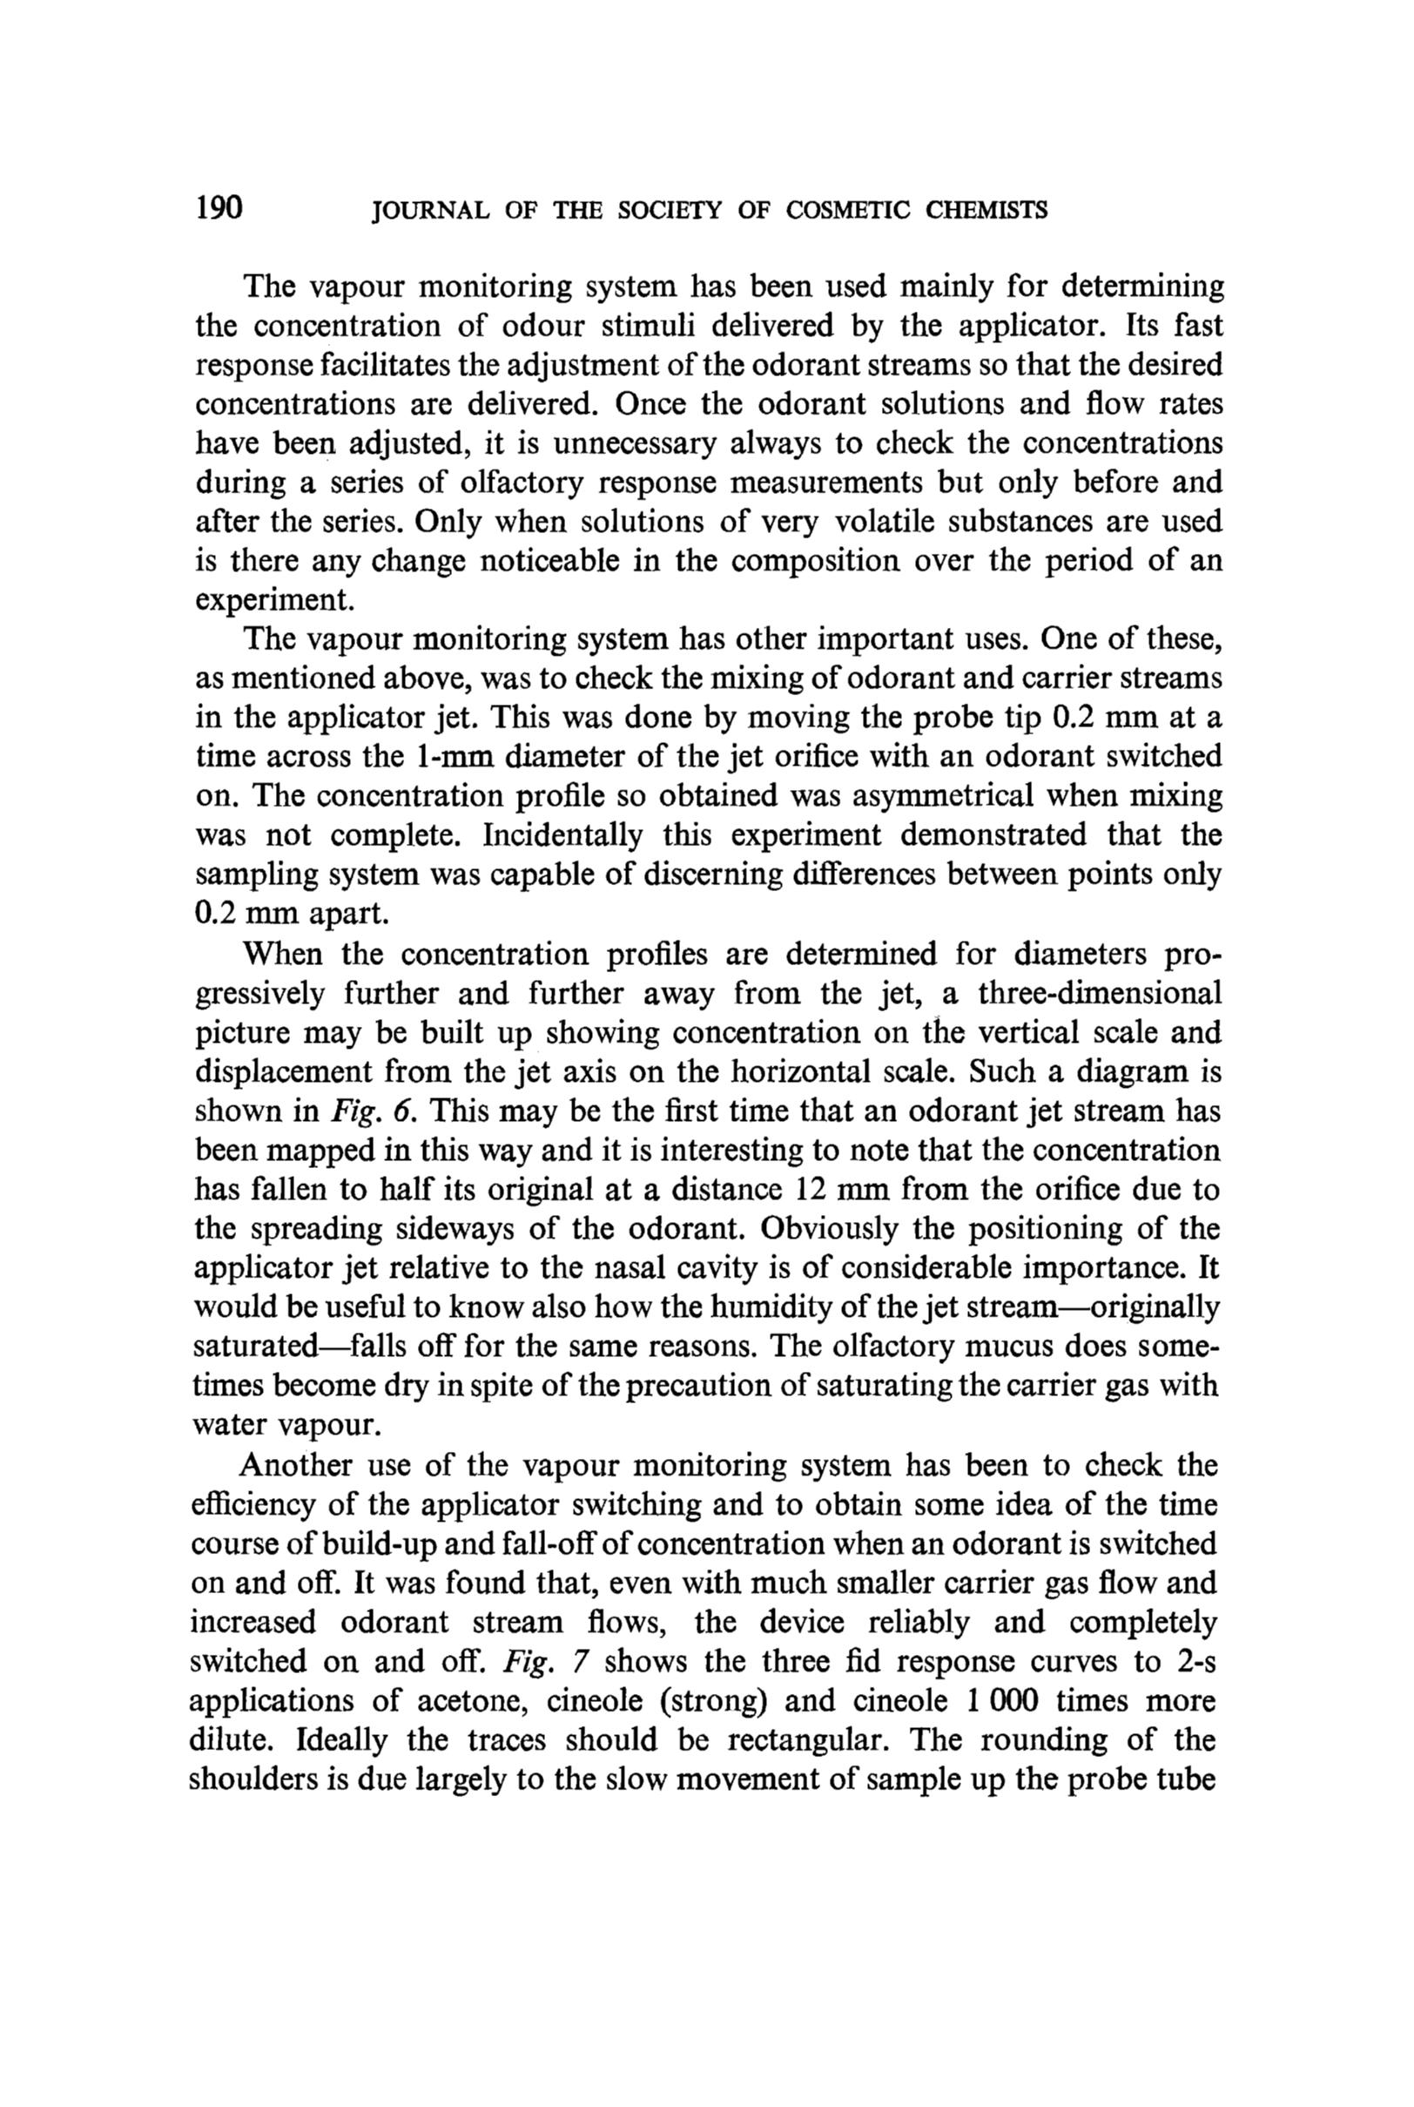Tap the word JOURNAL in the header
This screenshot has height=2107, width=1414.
point(430,211)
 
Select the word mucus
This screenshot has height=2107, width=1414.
point(1001,1346)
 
